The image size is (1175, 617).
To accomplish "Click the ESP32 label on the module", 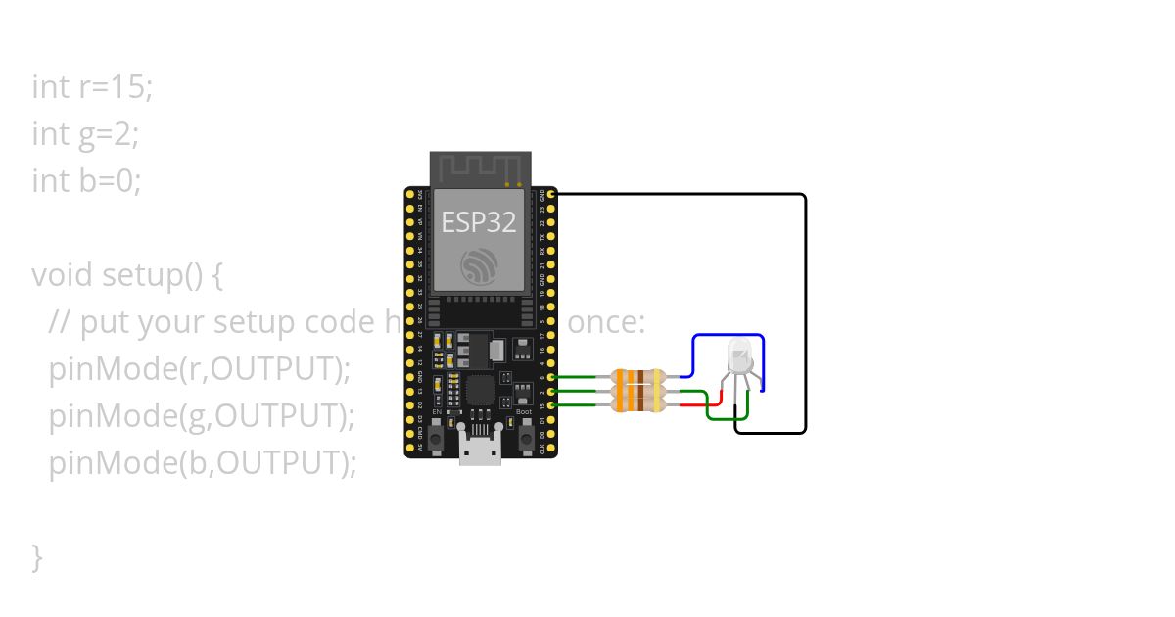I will click(478, 222).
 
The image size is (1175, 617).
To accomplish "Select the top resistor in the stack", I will click(637, 376).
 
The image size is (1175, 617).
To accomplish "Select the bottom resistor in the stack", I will click(637, 404).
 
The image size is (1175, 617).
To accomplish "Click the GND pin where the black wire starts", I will click(552, 195).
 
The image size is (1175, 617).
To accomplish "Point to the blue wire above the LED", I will click(728, 336).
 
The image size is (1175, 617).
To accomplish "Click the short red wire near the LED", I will click(714, 405).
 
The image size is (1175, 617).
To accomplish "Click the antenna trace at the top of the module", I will click(481, 167).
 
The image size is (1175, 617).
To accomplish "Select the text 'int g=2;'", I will click(85, 134).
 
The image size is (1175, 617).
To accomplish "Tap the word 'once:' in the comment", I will click(606, 322).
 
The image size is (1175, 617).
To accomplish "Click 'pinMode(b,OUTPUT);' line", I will click(203, 463).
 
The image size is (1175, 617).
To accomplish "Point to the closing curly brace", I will click(37, 557).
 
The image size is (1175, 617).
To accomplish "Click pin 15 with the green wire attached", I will click(552, 405).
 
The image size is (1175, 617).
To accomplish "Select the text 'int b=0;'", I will click(86, 181).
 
